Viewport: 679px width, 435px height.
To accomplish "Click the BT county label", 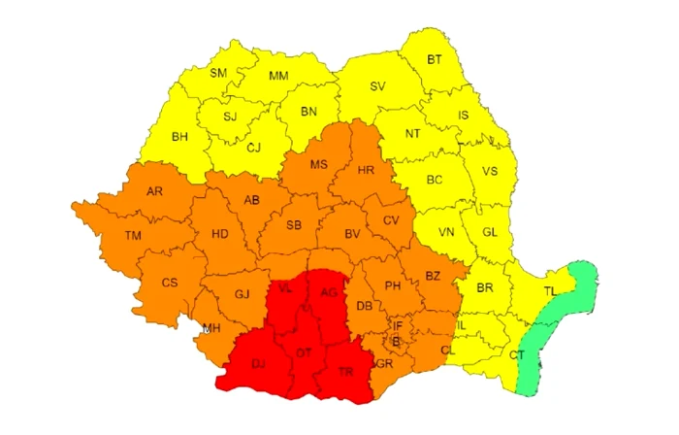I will click(x=435, y=59).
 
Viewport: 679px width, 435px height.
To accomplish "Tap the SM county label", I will click(x=218, y=72).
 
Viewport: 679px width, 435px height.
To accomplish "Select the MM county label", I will click(x=278, y=76).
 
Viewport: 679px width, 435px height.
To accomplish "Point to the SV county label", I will click(x=378, y=86).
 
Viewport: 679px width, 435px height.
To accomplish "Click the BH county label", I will click(x=179, y=137).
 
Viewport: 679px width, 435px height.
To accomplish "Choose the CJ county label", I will click(x=254, y=148).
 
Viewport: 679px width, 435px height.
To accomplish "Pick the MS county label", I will click(x=319, y=164).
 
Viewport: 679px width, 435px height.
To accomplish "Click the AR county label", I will click(x=154, y=191).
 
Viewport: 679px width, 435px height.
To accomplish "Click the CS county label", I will click(x=170, y=283).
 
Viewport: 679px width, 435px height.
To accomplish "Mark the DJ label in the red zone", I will click(x=258, y=364).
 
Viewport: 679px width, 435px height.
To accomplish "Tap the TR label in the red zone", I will click(x=346, y=373).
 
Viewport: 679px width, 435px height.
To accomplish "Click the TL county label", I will click(x=550, y=291).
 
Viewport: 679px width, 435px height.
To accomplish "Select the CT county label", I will click(x=517, y=355).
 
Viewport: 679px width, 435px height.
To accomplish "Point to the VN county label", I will click(x=446, y=232).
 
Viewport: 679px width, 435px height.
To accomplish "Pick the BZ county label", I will click(x=433, y=276).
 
